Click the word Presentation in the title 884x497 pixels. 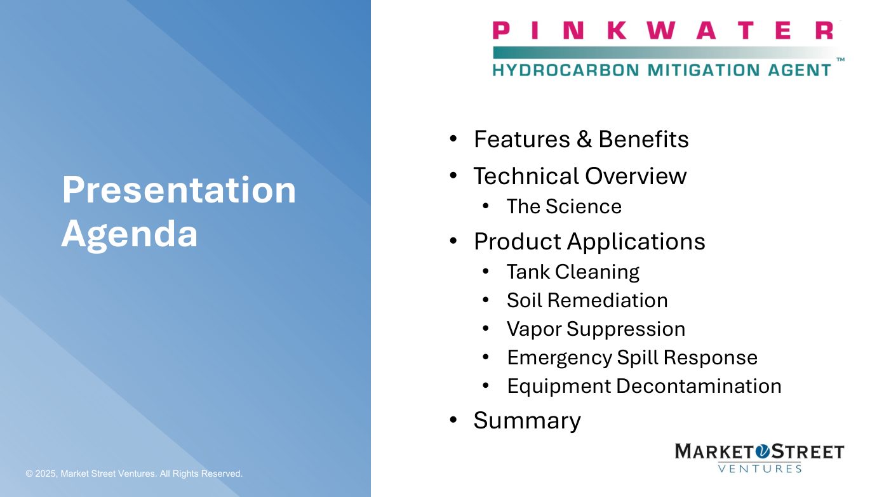coord(179,190)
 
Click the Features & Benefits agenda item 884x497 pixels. coord(581,139)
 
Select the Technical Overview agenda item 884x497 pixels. coord(580,176)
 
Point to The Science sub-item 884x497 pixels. coord(565,206)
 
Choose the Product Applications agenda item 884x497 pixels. coord(589,241)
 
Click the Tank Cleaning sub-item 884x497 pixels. coord(573,272)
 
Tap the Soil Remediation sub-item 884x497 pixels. coord(587,301)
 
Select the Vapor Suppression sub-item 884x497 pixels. coord(596,329)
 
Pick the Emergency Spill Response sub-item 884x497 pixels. coord(633,358)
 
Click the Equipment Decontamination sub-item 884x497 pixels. coord(644,386)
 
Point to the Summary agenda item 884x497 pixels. coord(527,421)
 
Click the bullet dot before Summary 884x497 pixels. coord(453,420)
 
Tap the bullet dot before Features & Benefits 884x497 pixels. coord(453,138)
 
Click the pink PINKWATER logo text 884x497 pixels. coord(663,30)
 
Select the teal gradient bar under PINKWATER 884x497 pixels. coord(667,53)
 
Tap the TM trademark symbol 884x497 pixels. coord(841,60)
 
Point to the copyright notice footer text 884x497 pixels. coord(134,474)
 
